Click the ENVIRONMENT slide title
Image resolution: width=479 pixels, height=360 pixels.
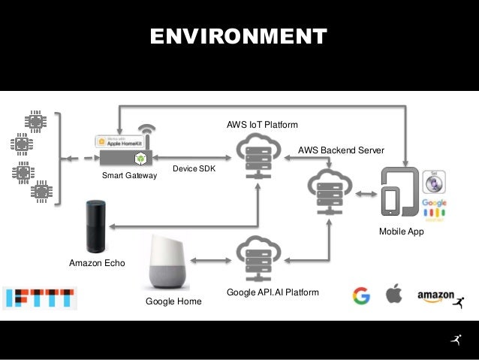(x=239, y=36)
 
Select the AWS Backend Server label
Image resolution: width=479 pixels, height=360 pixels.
(x=341, y=150)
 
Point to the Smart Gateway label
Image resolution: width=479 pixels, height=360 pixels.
(x=129, y=176)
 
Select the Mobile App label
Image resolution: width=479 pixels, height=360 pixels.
(x=401, y=232)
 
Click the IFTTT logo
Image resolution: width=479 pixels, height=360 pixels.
(x=39, y=298)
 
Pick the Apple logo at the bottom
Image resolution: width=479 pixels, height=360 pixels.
(x=393, y=295)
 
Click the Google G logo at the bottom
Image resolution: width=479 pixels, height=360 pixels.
(x=360, y=295)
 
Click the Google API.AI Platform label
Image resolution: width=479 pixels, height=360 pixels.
(x=273, y=292)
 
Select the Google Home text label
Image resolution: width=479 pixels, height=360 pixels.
(x=173, y=301)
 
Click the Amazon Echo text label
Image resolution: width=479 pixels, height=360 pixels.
(x=97, y=264)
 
